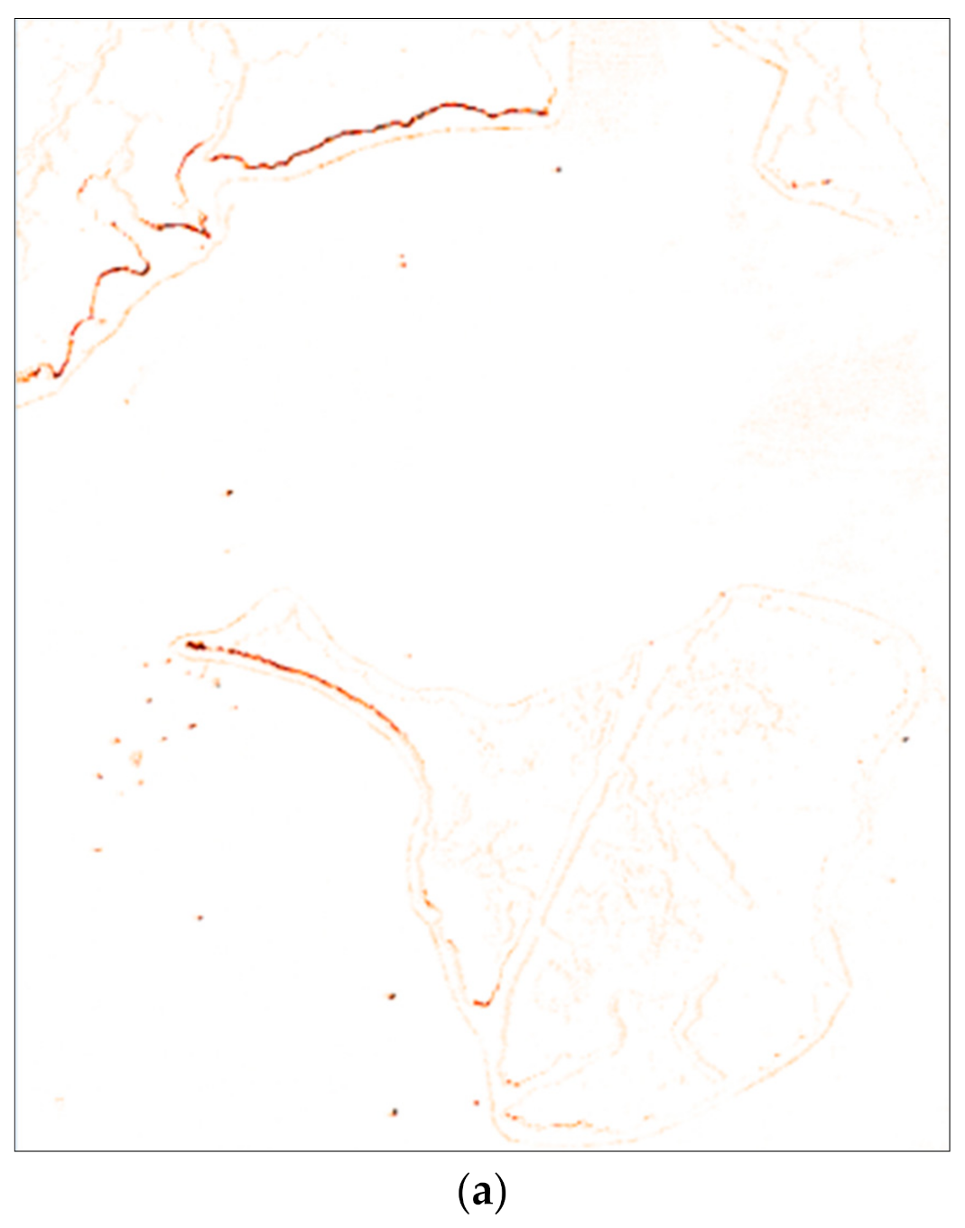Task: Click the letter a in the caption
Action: pos(482,1193)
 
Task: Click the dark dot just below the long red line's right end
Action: pos(559,169)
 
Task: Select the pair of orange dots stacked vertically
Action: pos(403,261)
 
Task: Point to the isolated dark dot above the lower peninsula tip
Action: pos(229,492)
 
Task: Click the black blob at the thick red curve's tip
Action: pos(192,645)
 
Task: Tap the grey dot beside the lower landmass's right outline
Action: pos(905,740)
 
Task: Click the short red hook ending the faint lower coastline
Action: pos(484,1002)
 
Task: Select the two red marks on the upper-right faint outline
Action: pos(811,183)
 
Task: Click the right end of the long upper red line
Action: pos(544,112)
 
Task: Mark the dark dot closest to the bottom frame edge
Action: pos(394,1112)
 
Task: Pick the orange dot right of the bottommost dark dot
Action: pos(477,1102)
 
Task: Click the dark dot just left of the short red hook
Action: pos(392,996)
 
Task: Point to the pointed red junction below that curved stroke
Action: pos(207,235)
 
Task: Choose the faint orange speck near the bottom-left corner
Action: pos(60,1099)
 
